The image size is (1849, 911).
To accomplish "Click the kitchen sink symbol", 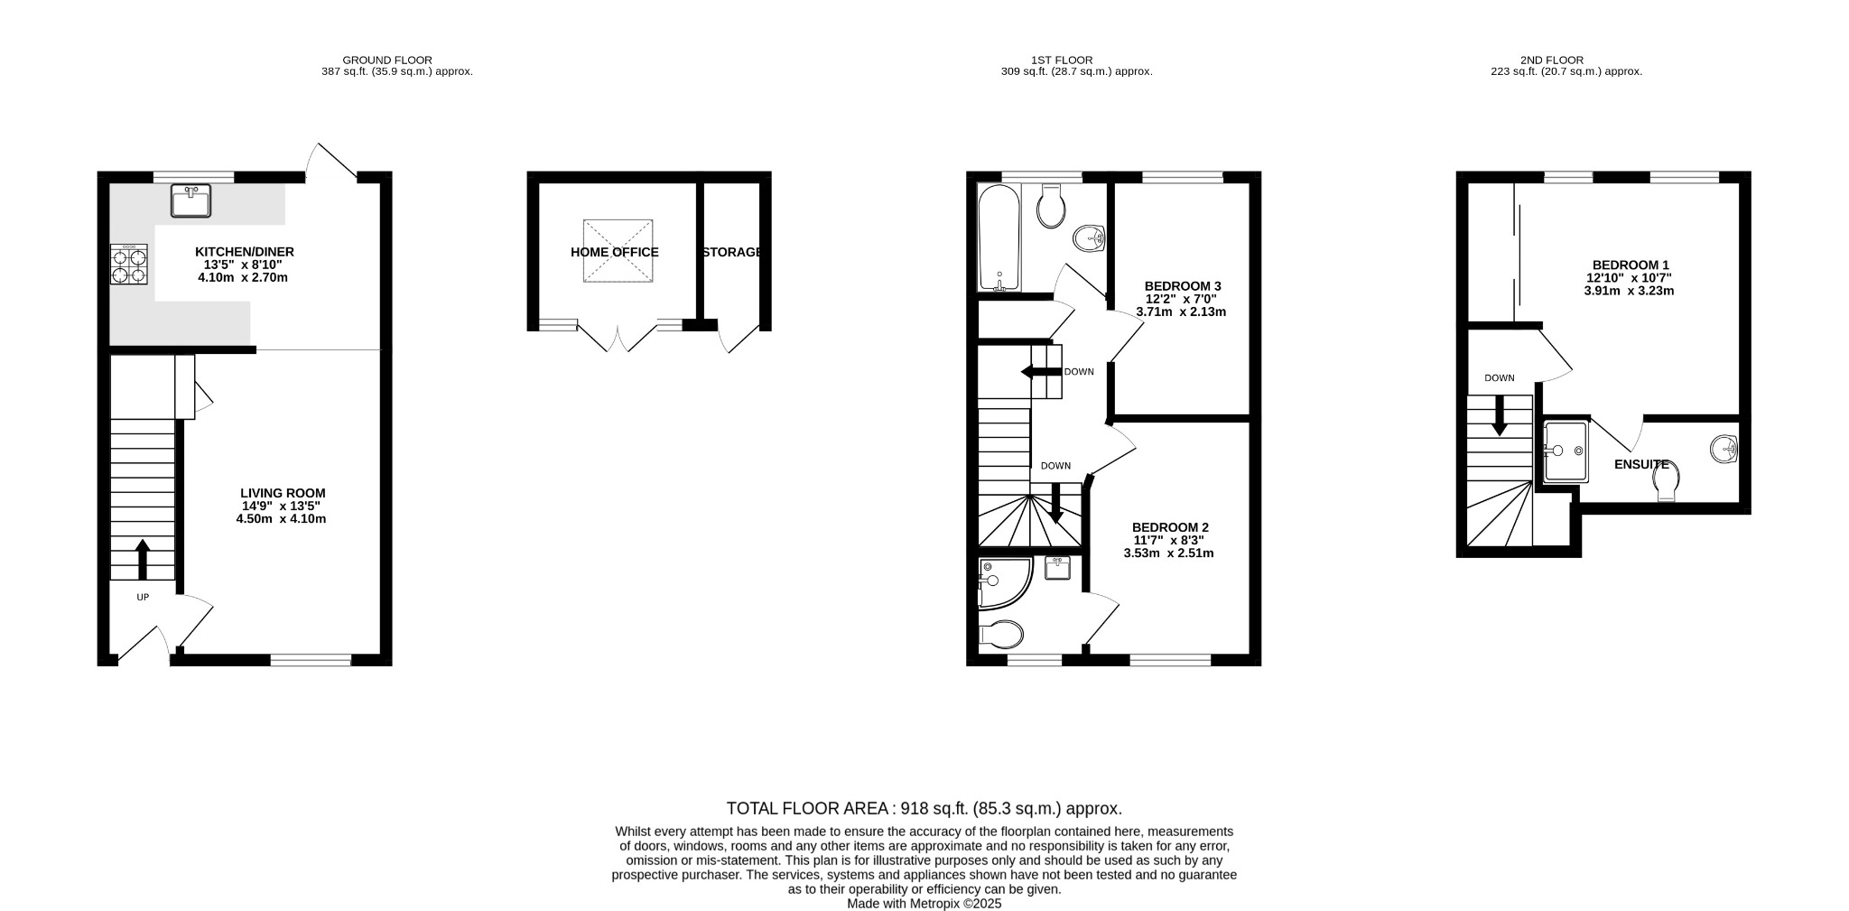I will click(190, 200).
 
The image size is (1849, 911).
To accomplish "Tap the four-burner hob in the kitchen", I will click(128, 265).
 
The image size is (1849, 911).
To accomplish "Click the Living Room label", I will click(283, 493).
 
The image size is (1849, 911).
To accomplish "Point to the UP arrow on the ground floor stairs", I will click(143, 559).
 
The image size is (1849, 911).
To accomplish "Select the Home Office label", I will click(614, 252).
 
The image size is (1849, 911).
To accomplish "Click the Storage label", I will click(732, 252).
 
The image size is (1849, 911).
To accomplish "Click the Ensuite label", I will click(1640, 464).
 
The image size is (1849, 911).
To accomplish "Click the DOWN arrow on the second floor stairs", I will click(1500, 416).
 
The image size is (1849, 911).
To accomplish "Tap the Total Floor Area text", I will click(924, 808).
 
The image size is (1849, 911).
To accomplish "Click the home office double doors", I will click(618, 339).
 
